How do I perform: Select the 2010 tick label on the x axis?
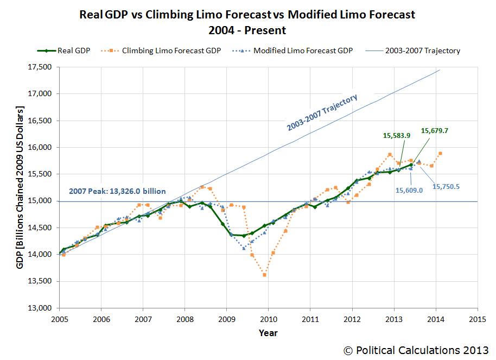(268, 319)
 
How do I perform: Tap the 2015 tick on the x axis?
(477, 319)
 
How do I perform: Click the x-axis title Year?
(268, 332)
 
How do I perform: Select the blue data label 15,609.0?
(410, 191)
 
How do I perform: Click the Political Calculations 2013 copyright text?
(416, 350)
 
